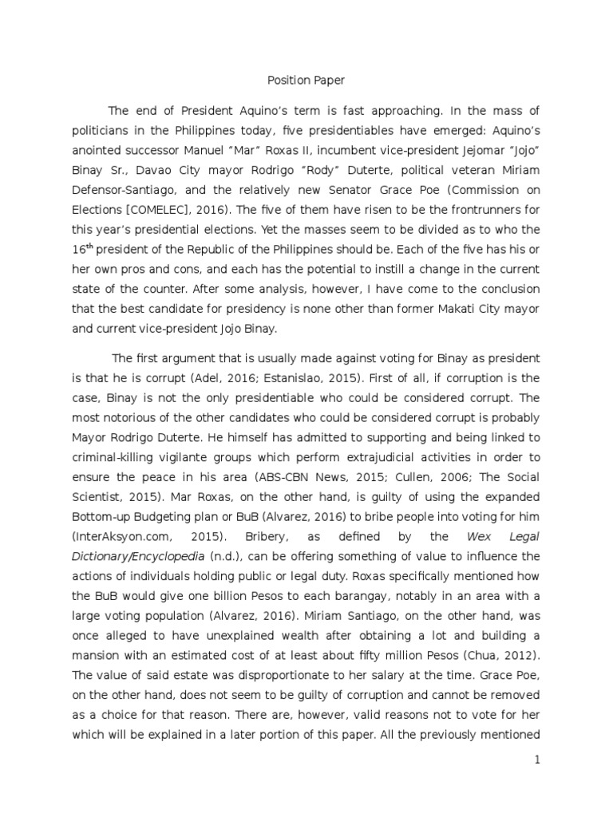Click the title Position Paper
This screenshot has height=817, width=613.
pos(306,81)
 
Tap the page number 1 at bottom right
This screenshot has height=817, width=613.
pos(538,760)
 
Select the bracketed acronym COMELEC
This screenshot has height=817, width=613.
pos(171,210)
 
